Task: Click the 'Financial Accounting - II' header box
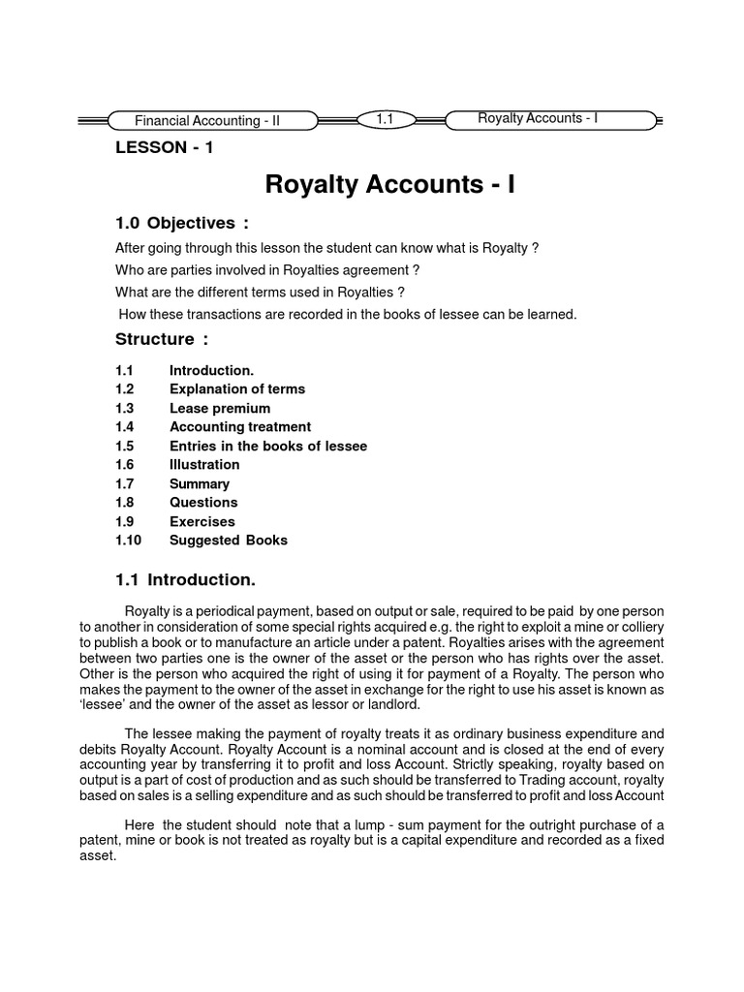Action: point(207,121)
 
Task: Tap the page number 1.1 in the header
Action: point(385,119)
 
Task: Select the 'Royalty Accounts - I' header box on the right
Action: point(538,118)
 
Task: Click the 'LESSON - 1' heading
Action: point(164,147)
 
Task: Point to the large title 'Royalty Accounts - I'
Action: point(390,184)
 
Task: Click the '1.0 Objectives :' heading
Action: point(175,223)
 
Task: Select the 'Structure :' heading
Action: point(162,339)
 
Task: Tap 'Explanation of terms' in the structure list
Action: point(237,388)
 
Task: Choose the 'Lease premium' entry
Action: point(220,408)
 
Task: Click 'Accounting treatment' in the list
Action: point(240,426)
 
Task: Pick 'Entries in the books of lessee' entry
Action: point(268,446)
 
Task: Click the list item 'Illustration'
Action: point(204,464)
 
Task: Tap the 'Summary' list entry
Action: point(200,483)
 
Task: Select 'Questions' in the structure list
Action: point(203,502)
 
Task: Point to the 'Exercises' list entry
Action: point(202,521)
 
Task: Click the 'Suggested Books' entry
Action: point(229,540)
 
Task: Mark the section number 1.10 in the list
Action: point(128,540)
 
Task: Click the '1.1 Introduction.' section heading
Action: point(185,579)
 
